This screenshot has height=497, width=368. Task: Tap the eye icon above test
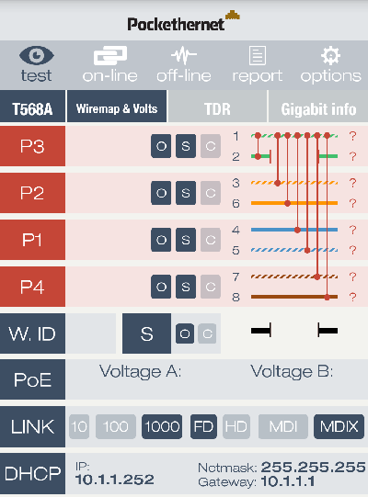37,55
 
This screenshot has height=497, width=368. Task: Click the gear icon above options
330,55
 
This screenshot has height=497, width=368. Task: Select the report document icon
258,55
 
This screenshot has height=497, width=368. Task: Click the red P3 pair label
32,146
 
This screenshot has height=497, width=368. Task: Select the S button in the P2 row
186,193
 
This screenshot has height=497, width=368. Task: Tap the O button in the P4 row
161,287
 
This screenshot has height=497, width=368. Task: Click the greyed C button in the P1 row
211,240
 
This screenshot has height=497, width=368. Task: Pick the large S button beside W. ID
146,333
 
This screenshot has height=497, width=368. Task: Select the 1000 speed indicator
162,426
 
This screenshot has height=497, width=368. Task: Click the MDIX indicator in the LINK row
339,426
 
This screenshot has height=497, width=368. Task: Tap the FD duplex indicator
203,426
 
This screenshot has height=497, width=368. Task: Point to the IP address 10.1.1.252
115,480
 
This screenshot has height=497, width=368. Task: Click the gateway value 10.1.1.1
288,481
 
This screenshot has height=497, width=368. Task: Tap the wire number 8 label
236,298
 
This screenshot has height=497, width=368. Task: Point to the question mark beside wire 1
352,136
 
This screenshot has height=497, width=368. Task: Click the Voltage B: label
292,371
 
